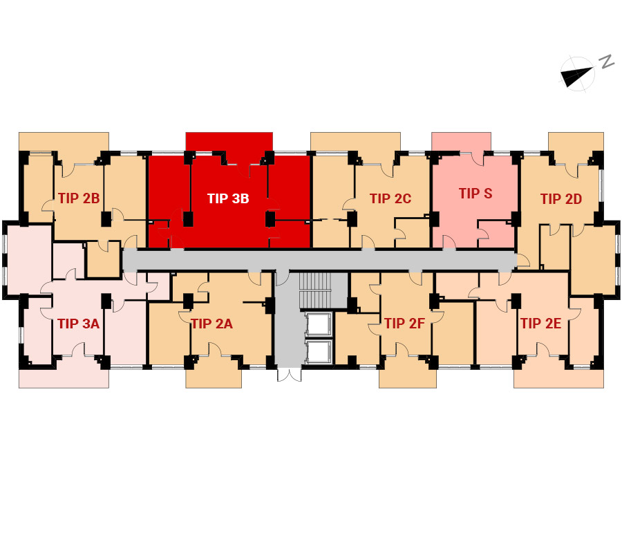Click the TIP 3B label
[228, 198]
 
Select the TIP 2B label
[79, 198]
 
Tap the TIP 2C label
[390, 198]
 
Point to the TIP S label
[475, 194]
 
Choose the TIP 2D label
[561, 198]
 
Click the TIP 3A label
[79, 324]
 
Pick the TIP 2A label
[212, 324]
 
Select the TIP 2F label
[404, 324]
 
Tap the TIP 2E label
[540, 324]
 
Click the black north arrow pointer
[575, 76]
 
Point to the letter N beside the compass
[607, 62]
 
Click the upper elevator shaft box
[318, 324]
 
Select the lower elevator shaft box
[318, 351]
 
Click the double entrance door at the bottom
[289, 375]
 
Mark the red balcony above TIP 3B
[229, 142]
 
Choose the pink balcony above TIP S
[462, 142]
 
